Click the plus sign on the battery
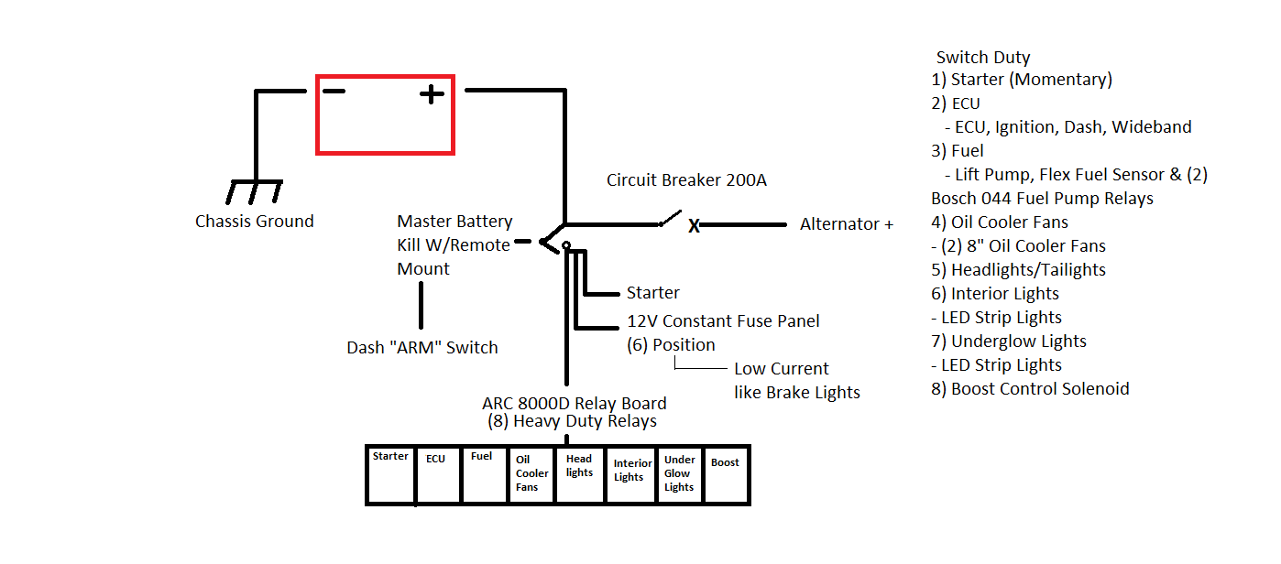click(x=432, y=93)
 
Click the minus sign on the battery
click(x=334, y=92)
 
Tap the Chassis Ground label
click(x=254, y=222)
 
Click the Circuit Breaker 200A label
click(x=686, y=180)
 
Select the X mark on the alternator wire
click(x=695, y=226)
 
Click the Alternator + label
click(x=846, y=224)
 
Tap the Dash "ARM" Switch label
click(x=422, y=348)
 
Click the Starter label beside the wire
click(x=652, y=293)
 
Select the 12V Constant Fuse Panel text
click(x=723, y=321)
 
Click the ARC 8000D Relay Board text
click(x=574, y=404)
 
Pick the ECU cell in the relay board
click(x=438, y=474)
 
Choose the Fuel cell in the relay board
click(x=485, y=474)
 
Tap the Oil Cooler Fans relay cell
click(x=532, y=474)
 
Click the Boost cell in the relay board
click(x=726, y=474)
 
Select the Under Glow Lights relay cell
click(x=679, y=474)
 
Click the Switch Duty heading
click(x=982, y=58)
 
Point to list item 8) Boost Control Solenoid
click(x=1030, y=389)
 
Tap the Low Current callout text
click(x=781, y=370)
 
